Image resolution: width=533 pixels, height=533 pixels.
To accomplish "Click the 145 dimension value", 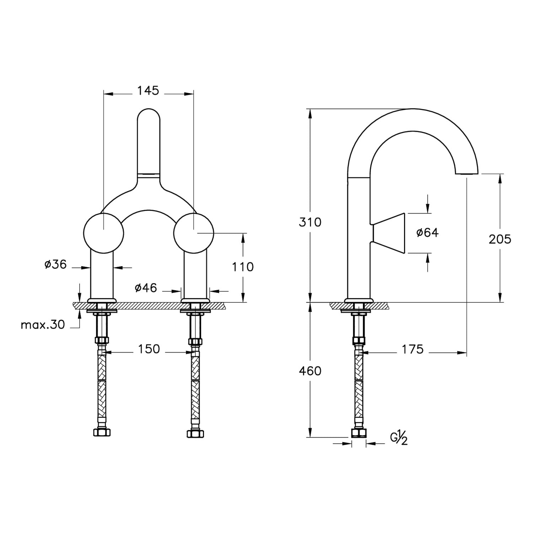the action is (148, 91).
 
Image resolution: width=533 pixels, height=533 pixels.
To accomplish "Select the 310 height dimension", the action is (310, 222).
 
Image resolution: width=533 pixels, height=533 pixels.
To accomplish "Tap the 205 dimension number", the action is (500, 239).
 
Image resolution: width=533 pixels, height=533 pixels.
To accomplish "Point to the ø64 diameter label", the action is (427, 232).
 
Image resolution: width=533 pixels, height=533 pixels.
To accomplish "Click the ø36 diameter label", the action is (55, 264).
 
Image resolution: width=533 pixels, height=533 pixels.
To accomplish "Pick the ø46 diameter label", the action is (146, 287).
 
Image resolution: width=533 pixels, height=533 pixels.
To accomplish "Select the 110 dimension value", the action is (243, 267).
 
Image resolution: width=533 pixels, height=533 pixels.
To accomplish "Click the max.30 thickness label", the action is (43, 325).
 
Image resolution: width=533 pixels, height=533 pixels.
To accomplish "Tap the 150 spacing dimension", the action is (149, 349).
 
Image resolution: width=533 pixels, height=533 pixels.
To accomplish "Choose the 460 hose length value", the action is (310, 371).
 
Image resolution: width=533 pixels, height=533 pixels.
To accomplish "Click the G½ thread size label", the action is (399, 437).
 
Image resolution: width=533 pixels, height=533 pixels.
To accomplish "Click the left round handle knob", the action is (103, 233).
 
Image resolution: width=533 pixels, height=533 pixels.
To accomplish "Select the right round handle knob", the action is (194, 233).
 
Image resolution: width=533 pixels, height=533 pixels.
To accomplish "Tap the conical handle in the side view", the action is (389, 233).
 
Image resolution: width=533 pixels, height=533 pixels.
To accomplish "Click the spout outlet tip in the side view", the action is (467, 173).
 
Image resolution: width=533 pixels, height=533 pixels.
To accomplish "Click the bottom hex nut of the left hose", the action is (102, 432).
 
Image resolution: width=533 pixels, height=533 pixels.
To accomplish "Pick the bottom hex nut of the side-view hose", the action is (359, 433).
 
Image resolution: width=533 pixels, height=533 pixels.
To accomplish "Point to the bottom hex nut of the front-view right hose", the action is (195, 433).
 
